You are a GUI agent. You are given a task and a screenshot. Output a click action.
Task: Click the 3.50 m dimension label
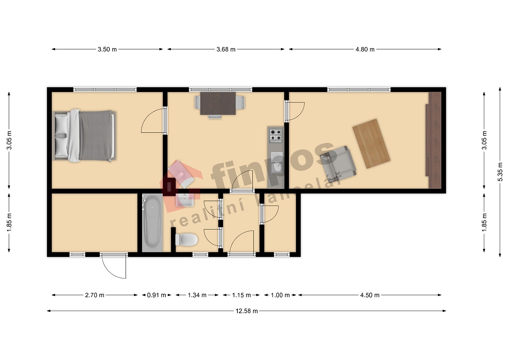point(107,49)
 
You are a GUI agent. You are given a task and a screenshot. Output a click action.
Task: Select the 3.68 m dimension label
point(226,49)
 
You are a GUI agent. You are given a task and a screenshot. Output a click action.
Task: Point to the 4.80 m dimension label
point(365,49)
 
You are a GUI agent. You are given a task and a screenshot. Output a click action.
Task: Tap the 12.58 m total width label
point(246,311)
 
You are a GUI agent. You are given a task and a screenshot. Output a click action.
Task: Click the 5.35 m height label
point(500,172)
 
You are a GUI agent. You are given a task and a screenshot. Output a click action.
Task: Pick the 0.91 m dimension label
point(156,295)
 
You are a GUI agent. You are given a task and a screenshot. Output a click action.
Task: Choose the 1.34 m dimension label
point(197,295)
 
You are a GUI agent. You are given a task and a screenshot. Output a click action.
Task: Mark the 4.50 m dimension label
point(370,295)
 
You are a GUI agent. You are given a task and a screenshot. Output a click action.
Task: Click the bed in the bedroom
point(84,136)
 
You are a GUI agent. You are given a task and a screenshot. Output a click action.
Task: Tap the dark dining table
point(218,103)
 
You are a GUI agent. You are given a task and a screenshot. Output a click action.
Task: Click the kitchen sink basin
point(277,167)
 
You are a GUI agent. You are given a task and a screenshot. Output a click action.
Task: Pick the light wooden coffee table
point(371,144)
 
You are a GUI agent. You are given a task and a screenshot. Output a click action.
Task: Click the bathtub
point(152,222)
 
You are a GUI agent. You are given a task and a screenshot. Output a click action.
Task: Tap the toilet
point(186,239)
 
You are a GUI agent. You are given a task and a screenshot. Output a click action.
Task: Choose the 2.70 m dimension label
point(94,295)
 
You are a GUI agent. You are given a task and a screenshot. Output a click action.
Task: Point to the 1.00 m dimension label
point(280,295)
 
